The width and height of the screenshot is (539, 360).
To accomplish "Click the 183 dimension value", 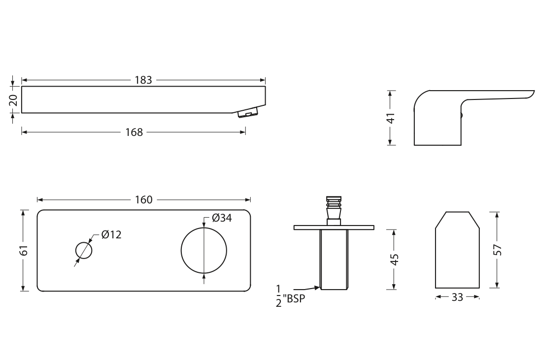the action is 143,80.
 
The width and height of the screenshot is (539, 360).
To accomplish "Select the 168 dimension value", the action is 134,132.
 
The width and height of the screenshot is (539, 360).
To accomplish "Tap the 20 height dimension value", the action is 13,100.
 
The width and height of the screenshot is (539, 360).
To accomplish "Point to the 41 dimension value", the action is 391,118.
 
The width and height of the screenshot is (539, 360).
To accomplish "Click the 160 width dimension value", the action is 144,199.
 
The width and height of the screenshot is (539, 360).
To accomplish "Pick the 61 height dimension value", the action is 23,250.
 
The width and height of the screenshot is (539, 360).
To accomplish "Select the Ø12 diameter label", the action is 111,234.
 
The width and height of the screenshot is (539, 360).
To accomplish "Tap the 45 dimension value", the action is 395,260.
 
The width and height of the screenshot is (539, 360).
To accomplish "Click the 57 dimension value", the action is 498,250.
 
